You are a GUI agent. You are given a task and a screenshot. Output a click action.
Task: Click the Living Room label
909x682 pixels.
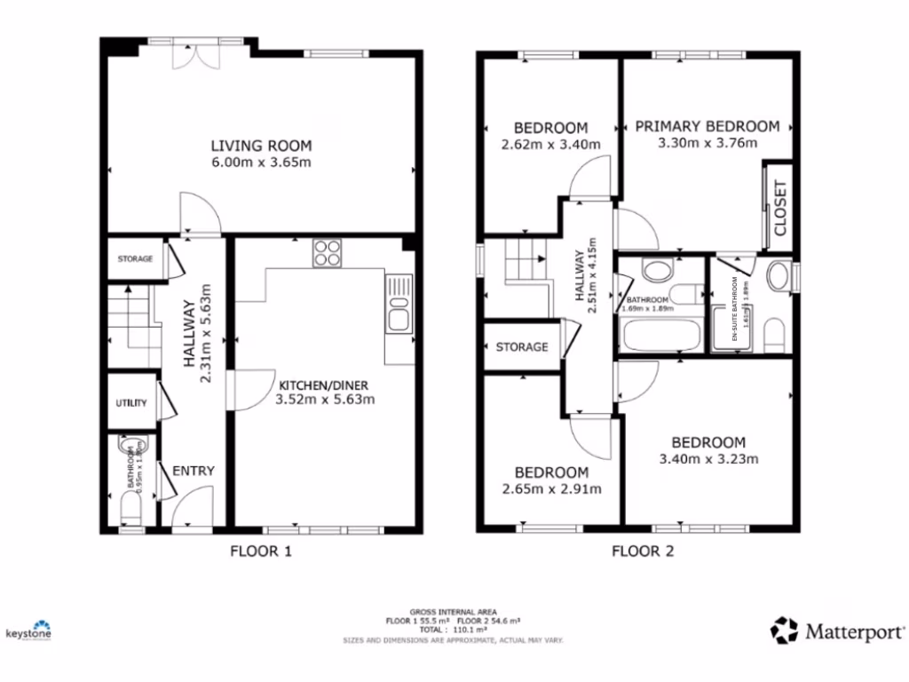click(x=261, y=146)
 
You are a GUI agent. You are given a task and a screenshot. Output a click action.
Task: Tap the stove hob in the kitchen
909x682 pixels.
click(x=328, y=252)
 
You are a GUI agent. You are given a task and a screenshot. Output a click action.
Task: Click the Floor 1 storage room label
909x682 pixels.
click(x=136, y=259)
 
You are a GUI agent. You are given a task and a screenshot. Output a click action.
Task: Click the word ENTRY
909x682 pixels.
click(x=193, y=471)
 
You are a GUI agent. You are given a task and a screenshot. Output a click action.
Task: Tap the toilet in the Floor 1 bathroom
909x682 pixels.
click(x=130, y=508)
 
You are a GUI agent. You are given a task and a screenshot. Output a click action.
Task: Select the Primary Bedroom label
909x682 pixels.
click(x=707, y=126)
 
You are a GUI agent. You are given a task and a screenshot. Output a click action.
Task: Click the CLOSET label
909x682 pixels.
click(x=779, y=207)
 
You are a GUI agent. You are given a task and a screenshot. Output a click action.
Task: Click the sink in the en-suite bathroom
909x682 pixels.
click(x=779, y=276)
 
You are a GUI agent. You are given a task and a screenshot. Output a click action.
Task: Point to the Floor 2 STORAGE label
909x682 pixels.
click(x=522, y=346)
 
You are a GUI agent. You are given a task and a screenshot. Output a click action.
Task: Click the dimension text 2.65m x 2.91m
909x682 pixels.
click(x=552, y=488)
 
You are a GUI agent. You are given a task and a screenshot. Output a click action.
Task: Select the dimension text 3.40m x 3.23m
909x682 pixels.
click(x=708, y=459)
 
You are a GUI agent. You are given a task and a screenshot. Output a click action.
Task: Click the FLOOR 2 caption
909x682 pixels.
click(x=643, y=551)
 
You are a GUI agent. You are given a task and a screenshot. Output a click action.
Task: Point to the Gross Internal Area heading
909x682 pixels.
click(x=454, y=612)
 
